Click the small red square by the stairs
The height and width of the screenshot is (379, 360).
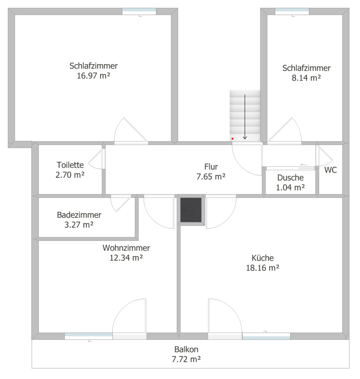click(233, 139)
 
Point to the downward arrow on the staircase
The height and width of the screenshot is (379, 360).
click(245, 117)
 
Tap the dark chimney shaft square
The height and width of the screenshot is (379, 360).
click(191, 210)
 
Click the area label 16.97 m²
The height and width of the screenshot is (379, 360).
click(94, 76)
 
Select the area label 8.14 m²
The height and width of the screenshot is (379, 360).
click(306, 78)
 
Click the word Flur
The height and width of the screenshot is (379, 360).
click(211, 167)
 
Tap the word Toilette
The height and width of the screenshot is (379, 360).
click(70, 165)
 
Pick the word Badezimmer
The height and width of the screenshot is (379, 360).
click(79, 215)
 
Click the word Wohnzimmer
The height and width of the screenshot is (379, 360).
click(126, 248)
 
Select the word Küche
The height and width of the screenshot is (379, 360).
click(263, 258)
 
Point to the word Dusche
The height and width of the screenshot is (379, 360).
click(291, 178)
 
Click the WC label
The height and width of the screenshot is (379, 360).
click(330, 170)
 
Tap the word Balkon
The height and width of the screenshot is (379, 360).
click(186, 349)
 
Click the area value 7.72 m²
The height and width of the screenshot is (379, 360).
click(186, 360)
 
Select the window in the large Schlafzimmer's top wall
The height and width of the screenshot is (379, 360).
click(139, 12)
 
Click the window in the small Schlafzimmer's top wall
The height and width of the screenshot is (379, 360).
click(292, 12)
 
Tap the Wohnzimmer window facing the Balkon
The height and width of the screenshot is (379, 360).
click(89, 336)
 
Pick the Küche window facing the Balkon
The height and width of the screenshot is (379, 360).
click(266, 336)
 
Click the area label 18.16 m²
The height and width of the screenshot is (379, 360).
click(263, 268)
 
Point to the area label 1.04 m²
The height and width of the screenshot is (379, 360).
click(291, 188)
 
